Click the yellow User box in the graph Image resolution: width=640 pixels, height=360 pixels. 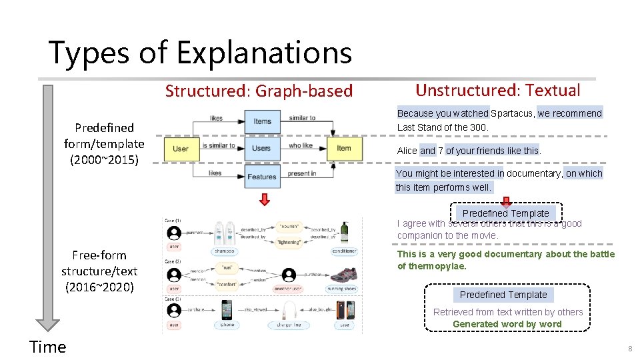pos(181,148)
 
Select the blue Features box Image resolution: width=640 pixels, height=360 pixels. pos(261,176)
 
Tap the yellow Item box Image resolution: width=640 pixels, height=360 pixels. pos(343,148)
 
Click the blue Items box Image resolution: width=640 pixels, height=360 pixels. pos(262,121)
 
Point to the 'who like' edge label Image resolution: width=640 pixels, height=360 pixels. pos(301,145)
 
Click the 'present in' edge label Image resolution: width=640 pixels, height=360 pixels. pos(301,173)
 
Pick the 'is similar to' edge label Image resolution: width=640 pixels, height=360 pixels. pos(219,145)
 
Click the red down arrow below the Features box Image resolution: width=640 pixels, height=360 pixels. pos(264,199)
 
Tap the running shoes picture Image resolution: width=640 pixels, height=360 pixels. pos(342,275)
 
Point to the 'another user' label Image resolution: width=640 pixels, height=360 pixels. pos(289,289)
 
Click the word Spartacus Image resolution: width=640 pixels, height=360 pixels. pos(513,113)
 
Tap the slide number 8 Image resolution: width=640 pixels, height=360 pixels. pos(629,349)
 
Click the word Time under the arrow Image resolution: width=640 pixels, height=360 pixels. pos(48,347)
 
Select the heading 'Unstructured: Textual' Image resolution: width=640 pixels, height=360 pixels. pos(497,91)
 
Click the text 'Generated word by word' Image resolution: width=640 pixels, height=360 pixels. pos(507,324)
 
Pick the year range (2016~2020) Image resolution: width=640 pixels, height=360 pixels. pos(99,287)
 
